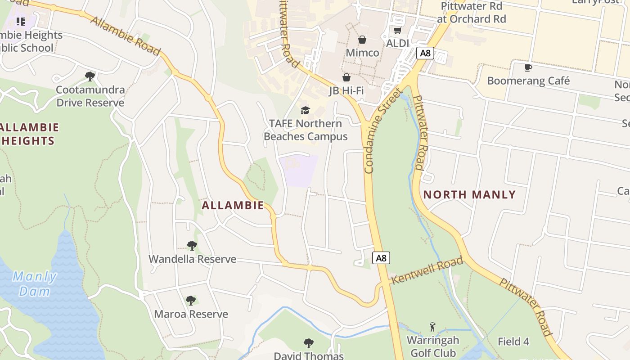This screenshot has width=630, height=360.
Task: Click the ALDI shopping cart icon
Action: [397, 31]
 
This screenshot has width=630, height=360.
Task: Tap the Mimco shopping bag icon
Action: [362, 40]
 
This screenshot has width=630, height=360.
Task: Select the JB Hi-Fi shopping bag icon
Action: [346, 77]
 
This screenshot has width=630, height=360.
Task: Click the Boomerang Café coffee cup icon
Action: [528, 68]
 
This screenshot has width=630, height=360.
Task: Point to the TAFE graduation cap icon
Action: [306, 110]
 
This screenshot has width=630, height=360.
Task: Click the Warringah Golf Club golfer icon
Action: [432, 327]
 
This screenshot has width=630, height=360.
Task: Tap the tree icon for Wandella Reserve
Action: [192, 246]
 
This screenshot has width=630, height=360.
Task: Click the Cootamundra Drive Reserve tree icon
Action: [90, 76]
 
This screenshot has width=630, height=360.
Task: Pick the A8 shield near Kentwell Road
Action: [381, 258]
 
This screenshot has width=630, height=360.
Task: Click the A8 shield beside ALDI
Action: [424, 53]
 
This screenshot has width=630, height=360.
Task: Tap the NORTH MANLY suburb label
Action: [469, 195]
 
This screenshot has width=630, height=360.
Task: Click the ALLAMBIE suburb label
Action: [233, 206]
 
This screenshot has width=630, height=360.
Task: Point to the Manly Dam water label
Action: [35, 283]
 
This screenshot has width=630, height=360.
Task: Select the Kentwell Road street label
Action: [427, 270]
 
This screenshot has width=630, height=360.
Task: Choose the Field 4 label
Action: [513, 342]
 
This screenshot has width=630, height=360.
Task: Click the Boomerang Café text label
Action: [528, 81]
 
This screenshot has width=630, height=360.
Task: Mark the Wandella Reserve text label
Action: [192, 259]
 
